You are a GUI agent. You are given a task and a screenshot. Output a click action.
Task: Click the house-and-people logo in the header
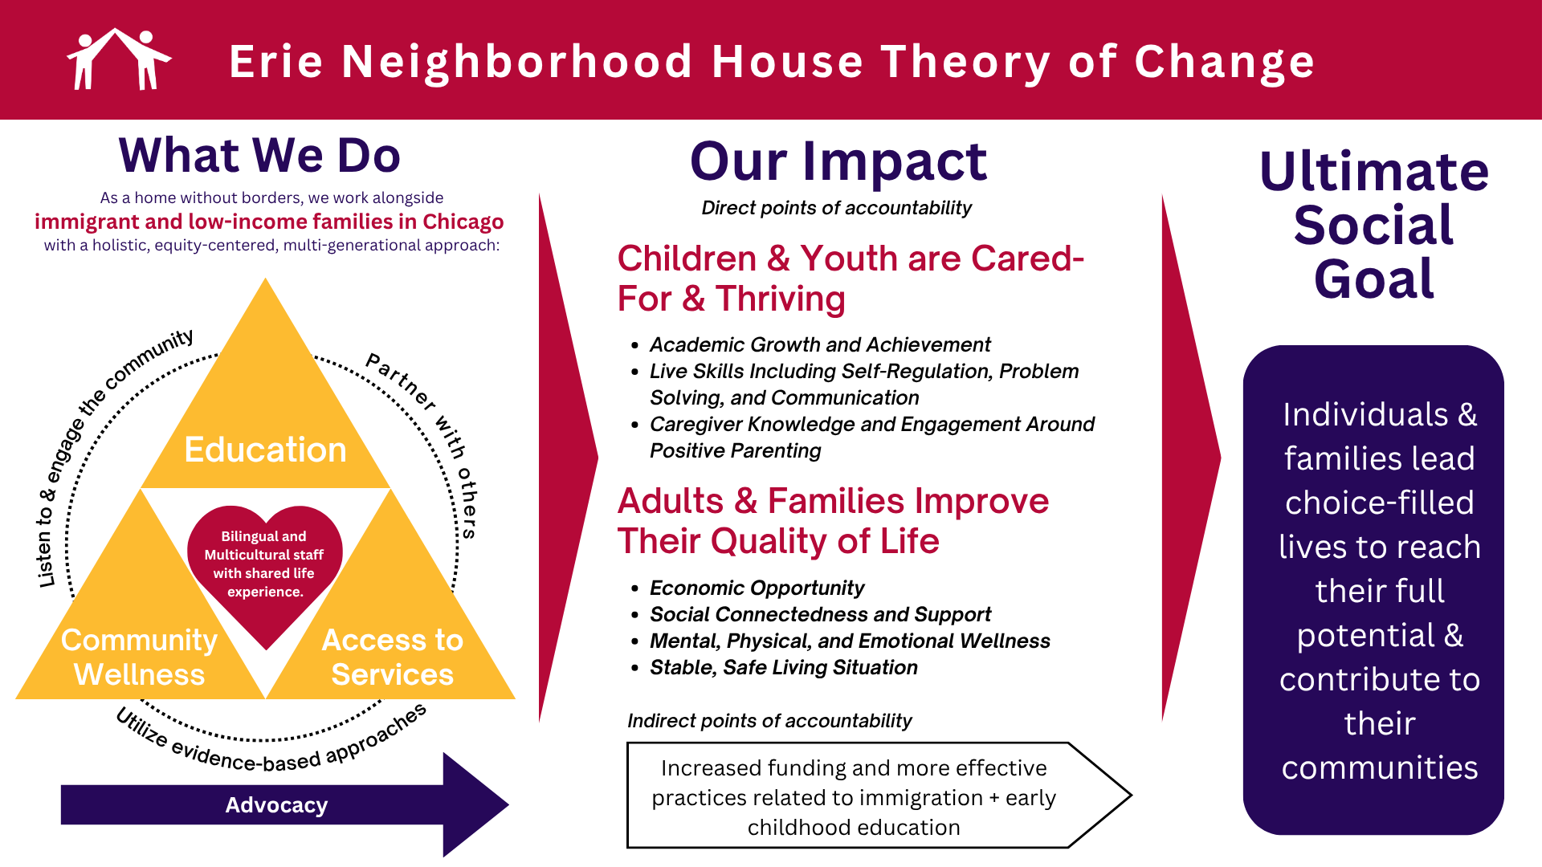tap(119, 59)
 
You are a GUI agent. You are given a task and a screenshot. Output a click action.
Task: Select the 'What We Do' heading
tap(259, 155)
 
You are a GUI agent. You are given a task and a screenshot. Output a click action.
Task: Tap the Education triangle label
tap(265, 450)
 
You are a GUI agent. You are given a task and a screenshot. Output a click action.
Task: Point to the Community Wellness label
tap(139, 657)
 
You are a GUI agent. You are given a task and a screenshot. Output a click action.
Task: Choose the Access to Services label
tap(393, 657)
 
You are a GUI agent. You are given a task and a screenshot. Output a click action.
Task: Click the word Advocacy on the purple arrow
tap(276, 805)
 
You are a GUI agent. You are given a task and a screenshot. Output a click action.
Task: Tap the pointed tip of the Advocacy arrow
tap(508, 804)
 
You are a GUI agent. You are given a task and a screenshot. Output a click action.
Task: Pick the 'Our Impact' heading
tap(838, 161)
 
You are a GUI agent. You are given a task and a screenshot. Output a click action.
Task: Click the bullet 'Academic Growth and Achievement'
tap(820, 344)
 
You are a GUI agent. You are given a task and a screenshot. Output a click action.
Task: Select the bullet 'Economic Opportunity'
tap(757, 588)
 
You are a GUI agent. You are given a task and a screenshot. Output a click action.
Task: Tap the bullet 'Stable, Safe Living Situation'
tap(783, 667)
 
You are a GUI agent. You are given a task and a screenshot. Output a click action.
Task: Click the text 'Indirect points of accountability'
tap(769, 721)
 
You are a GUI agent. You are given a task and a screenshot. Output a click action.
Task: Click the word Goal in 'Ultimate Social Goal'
tap(1374, 279)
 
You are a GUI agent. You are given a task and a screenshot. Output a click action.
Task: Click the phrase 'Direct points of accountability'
tap(836, 208)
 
